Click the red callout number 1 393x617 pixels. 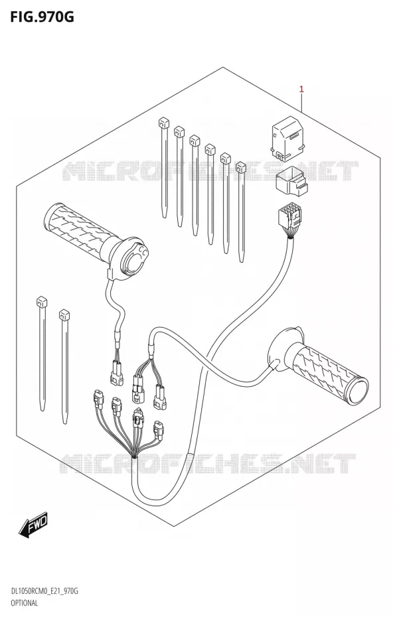tap(301, 90)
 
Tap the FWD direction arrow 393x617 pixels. tap(33, 523)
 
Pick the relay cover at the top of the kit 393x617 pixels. tap(289, 139)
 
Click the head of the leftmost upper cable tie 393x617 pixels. tap(162, 122)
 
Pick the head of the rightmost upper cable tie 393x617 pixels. tap(240, 169)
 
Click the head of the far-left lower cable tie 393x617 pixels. tap(41, 303)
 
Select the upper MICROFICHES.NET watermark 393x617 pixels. tap(210, 171)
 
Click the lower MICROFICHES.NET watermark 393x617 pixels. tap(208, 463)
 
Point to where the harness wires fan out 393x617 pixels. tap(135, 456)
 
